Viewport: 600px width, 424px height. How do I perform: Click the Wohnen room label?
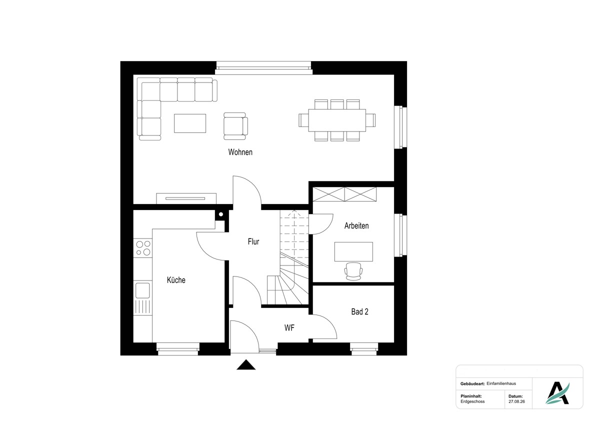(240, 152)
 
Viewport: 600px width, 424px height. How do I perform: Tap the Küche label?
(176, 280)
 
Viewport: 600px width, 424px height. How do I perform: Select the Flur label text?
(253, 241)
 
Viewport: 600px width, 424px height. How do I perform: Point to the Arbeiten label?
(356, 226)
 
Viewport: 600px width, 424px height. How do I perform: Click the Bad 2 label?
(359, 311)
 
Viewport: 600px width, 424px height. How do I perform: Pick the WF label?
(289, 327)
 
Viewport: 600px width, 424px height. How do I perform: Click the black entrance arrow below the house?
(246, 365)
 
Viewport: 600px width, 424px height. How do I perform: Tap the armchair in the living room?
(235, 126)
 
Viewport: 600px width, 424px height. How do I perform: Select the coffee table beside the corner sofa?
(190, 123)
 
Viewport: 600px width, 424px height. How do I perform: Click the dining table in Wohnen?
(337, 120)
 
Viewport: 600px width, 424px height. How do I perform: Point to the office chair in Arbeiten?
(353, 271)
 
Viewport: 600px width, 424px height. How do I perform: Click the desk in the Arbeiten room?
(353, 251)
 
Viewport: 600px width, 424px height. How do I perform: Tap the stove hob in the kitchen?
(143, 248)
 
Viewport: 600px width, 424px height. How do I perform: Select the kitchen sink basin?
(142, 290)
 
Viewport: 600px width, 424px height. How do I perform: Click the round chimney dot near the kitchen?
(221, 214)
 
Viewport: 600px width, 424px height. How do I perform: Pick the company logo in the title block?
(557, 393)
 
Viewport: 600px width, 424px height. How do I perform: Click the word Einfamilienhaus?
(501, 383)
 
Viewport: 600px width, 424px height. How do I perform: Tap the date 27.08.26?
(516, 401)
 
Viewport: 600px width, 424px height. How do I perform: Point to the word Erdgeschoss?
(472, 401)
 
